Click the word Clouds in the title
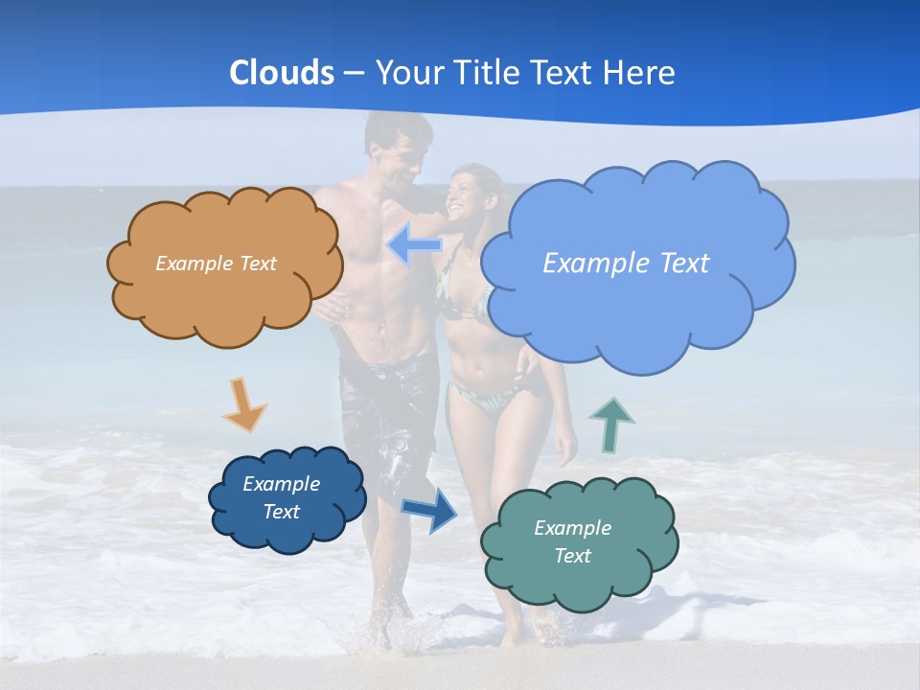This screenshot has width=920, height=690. click(281, 73)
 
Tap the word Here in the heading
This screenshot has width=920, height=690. click(640, 73)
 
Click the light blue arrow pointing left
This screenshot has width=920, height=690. click(415, 244)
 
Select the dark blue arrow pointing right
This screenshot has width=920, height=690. click(429, 509)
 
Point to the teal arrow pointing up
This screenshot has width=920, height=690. click(611, 425)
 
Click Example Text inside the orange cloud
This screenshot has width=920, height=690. click(216, 264)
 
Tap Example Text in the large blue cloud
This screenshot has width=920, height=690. click(626, 264)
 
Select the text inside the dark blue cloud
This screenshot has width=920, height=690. click(282, 497)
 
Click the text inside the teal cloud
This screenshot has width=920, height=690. click(572, 541)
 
